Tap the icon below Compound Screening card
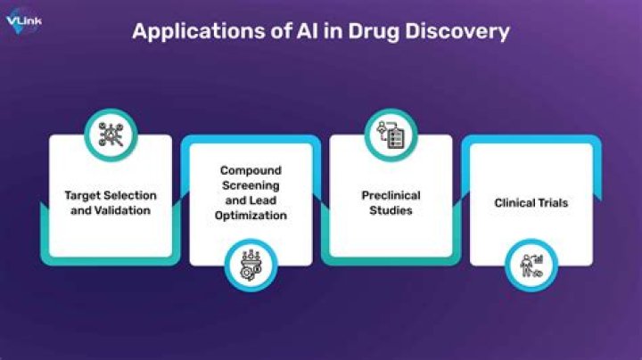point(251,263)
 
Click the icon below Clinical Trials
point(532,263)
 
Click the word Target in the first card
point(82,194)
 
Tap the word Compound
point(251,170)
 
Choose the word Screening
point(251,185)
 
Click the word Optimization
point(251,215)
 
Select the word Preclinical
point(391,195)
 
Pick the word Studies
point(391,210)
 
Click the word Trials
point(553,203)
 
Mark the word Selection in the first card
point(129,194)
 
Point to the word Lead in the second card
point(267,200)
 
